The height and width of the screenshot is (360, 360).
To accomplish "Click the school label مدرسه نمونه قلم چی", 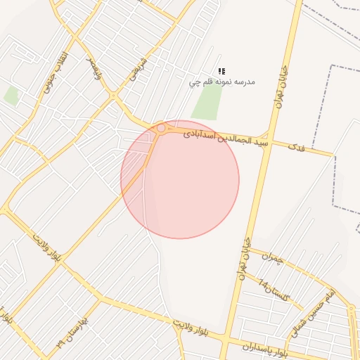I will pyautogui.click(x=221, y=82).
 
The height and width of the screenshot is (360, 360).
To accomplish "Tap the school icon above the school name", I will pyautogui.click(x=221, y=71).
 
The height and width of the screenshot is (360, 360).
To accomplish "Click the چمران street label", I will pyautogui.click(x=271, y=259).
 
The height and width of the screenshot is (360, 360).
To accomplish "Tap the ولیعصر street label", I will pyautogui.click(x=94, y=70).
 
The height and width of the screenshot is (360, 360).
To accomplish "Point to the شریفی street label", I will pyautogui.click(x=137, y=67).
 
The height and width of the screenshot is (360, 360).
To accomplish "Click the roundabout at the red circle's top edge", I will pyautogui.click(x=161, y=128).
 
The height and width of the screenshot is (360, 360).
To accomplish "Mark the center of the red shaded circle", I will pyautogui.click(x=180, y=179).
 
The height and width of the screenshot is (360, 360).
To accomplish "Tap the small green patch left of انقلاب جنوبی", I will pyautogui.click(x=11, y=96).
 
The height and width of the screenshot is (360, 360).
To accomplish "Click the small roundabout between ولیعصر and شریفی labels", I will pyautogui.click(x=113, y=96).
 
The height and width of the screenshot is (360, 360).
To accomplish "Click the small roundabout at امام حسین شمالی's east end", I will pyautogui.click(x=351, y=309).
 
